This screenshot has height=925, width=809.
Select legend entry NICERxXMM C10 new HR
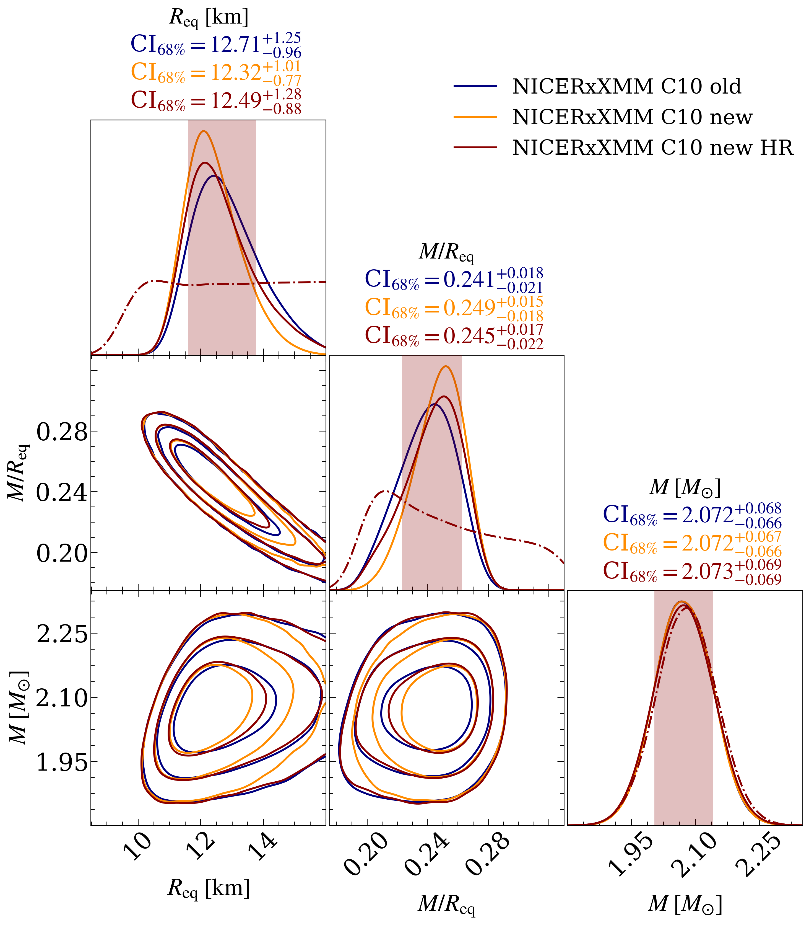652,148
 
